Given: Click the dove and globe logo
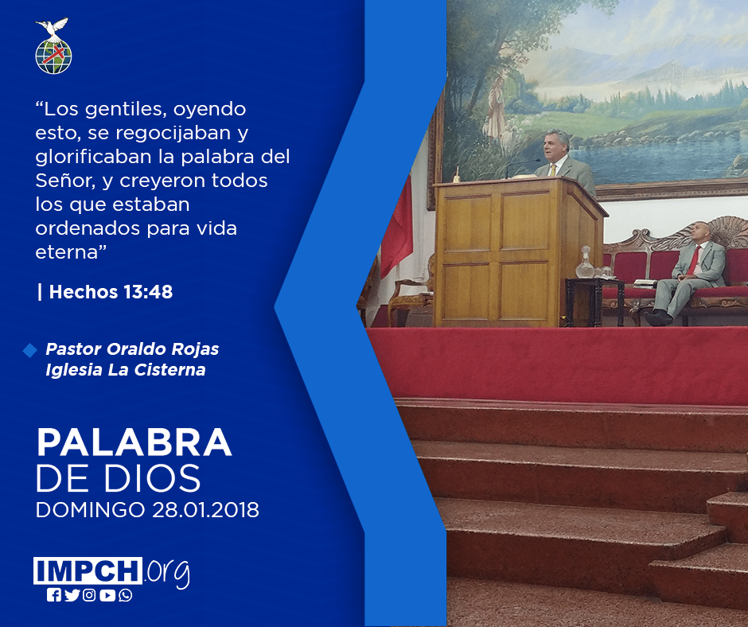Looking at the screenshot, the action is [x=53, y=46].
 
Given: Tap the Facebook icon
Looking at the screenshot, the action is [x=54, y=595].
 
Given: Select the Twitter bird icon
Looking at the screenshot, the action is [x=72, y=595].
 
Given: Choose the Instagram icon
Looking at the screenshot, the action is [x=89, y=595].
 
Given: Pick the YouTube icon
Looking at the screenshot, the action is [x=107, y=595].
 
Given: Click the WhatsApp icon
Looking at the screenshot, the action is [x=126, y=595].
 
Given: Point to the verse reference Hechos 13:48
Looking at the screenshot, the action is [x=111, y=291].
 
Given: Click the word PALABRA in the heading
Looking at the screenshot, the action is [x=134, y=442].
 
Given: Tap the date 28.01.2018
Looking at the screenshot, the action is [x=205, y=509].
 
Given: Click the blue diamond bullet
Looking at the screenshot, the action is [x=29, y=350].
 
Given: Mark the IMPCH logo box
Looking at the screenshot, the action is [x=88, y=571].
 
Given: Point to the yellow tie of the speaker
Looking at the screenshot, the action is [x=553, y=169].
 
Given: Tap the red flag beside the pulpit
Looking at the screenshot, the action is [x=397, y=224].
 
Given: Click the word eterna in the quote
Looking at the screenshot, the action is [x=68, y=252].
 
